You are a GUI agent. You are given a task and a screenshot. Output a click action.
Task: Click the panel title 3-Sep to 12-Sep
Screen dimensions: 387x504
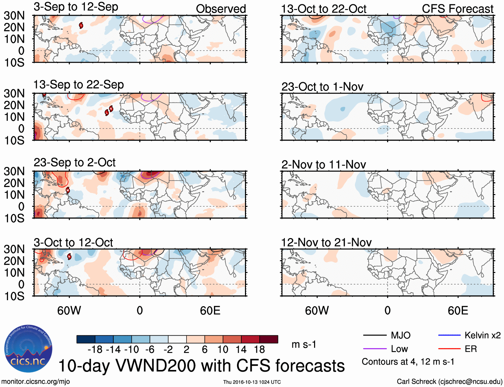click(x=76, y=7)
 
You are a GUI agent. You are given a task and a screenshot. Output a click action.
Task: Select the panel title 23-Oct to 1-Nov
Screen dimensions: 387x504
click(x=322, y=87)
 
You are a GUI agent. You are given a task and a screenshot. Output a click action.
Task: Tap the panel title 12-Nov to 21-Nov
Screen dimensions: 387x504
click(x=326, y=242)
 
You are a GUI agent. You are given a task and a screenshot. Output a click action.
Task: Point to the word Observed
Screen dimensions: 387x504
click(x=221, y=9)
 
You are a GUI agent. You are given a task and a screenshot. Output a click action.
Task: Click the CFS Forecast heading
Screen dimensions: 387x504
click(x=457, y=9)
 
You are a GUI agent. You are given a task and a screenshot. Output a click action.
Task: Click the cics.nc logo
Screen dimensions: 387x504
click(x=28, y=349)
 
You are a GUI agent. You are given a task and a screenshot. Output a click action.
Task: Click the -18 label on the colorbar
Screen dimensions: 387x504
click(x=95, y=350)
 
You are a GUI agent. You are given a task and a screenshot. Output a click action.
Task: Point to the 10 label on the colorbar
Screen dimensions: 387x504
click(x=223, y=350)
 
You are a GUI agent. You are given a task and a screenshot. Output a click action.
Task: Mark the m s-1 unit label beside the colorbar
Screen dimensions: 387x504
click(x=304, y=345)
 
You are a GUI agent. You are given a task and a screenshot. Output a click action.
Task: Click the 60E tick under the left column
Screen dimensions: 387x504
click(x=210, y=311)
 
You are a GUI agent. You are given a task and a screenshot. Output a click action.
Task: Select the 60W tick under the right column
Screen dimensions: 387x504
click(x=317, y=311)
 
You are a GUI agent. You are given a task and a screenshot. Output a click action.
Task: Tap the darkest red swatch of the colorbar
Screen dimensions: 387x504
click(x=269, y=339)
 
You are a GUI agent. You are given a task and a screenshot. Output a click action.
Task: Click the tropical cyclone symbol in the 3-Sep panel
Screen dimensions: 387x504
click(x=81, y=25)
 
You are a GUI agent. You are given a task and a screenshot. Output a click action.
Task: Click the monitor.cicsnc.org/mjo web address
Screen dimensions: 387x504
click(x=36, y=382)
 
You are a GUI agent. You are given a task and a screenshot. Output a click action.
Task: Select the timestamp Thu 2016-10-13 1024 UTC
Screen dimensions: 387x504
click(x=252, y=382)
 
